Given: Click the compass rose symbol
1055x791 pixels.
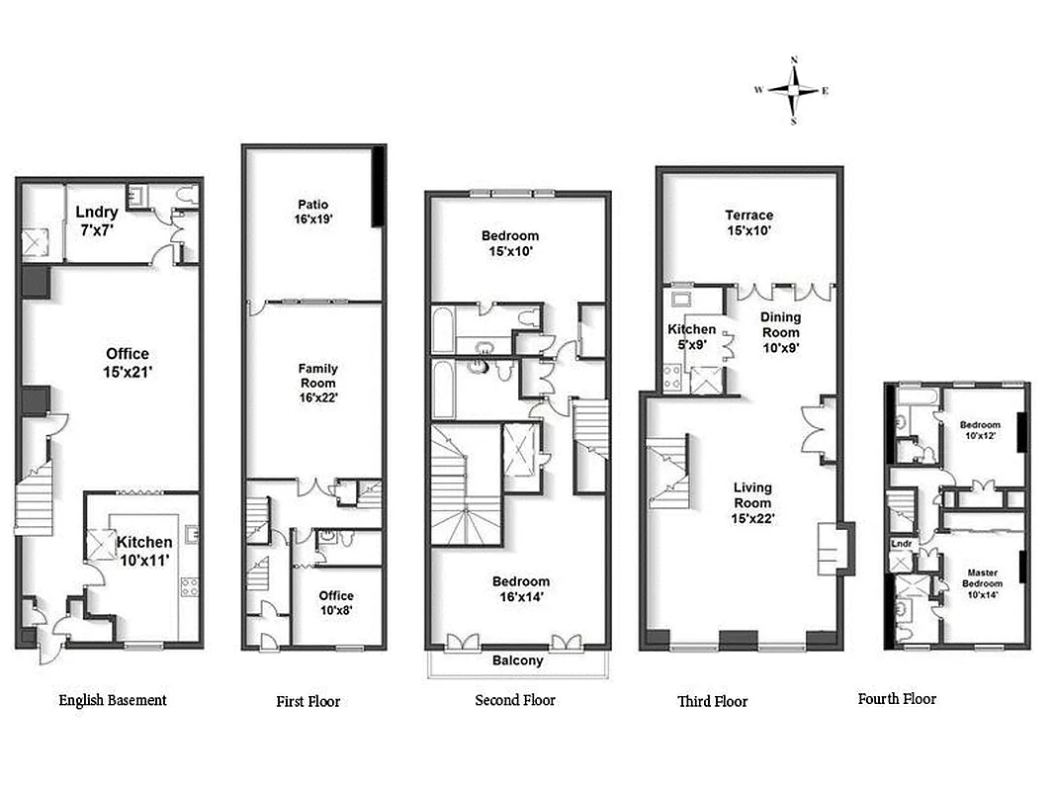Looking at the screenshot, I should [793, 90].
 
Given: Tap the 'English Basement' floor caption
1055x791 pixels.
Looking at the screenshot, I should [113, 700].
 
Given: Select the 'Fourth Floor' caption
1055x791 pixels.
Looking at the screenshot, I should [896, 698].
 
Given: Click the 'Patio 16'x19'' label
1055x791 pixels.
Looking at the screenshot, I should [312, 212].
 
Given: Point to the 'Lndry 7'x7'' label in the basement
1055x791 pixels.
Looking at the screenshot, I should [97, 220].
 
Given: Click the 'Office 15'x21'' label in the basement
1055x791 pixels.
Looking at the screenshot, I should [128, 362].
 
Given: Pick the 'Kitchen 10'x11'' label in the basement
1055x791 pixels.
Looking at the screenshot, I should [144, 550].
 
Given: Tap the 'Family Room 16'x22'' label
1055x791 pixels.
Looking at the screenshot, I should [317, 384].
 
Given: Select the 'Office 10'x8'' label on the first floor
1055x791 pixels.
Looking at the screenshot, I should [336, 603].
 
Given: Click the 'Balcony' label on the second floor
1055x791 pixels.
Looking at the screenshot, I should [518, 660].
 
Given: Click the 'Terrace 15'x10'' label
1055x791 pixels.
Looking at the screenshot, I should [748, 222].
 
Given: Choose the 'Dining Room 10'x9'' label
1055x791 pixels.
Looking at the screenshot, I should [780, 332].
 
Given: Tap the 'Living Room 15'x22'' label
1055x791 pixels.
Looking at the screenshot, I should [752, 502].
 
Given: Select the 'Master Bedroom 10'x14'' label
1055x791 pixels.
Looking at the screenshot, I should [982, 583].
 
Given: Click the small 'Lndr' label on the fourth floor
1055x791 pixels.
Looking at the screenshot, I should [901, 544].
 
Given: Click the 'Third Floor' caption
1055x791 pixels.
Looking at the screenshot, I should [712, 701].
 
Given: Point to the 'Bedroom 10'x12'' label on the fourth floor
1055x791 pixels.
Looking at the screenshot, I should [980, 430].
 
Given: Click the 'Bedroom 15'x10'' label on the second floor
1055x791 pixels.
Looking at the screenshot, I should [510, 243].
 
